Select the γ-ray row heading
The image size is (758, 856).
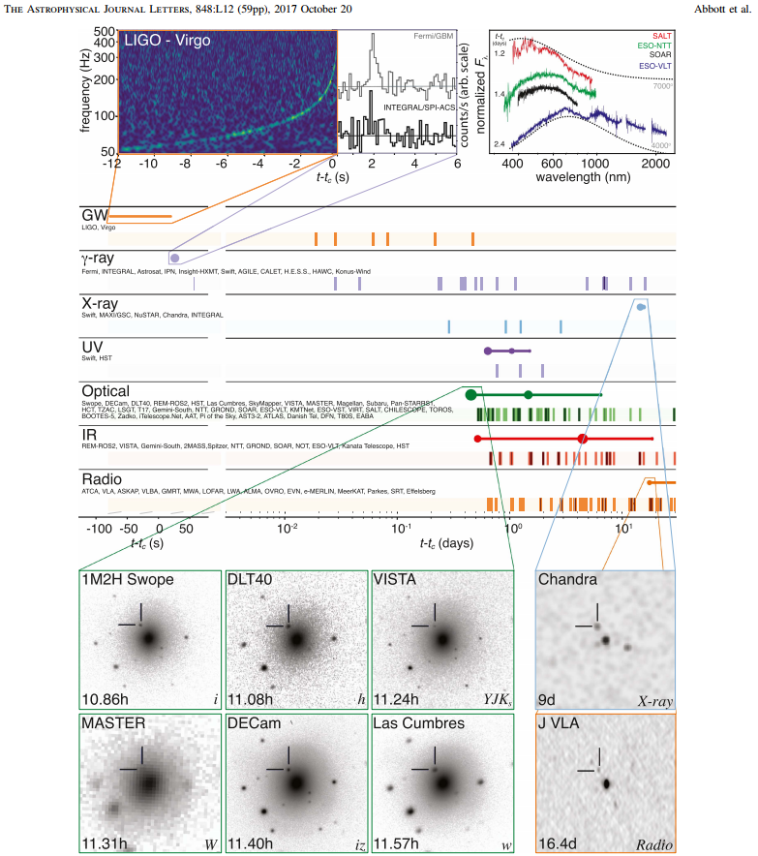pyautogui.click(x=102, y=260)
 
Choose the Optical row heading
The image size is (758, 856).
pyautogui.click(x=106, y=390)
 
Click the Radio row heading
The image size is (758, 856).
pyautogui.click(x=101, y=479)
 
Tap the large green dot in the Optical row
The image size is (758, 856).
pyautogui.click(x=470, y=394)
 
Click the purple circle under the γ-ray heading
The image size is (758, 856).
pyautogui.click(x=174, y=258)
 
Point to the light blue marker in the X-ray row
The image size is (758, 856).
pyautogui.click(x=641, y=306)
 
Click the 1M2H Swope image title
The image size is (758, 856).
pyautogui.click(x=129, y=580)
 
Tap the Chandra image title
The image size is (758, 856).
pyautogui.click(x=569, y=580)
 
